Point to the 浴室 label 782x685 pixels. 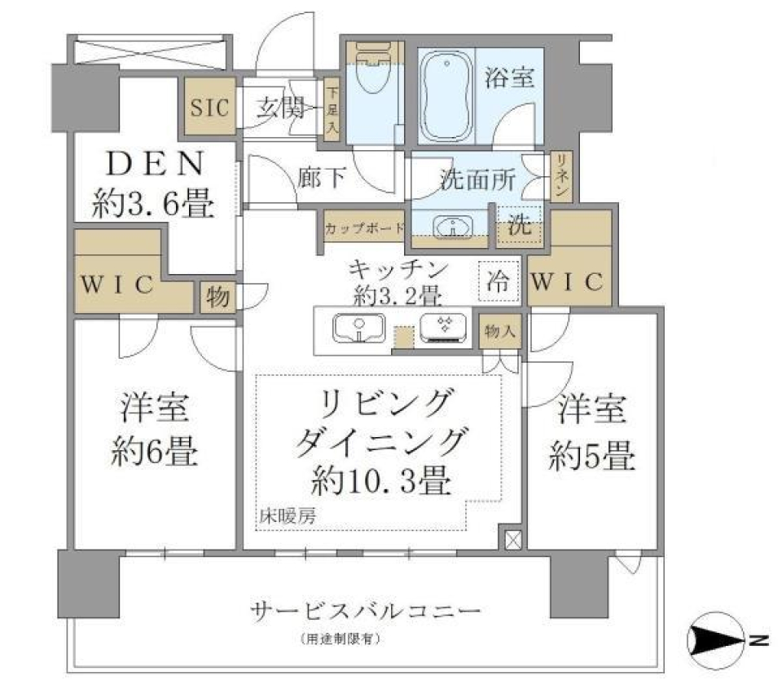(x=509, y=78)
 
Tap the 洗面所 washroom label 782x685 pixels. (x=477, y=180)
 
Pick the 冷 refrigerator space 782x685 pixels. (x=497, y=282)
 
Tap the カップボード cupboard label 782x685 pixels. (x=363, y=228)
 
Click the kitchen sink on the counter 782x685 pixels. (x=358, y=328)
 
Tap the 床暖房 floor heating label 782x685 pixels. (x=288, y=515)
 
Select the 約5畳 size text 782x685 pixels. (x=591, y=457)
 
